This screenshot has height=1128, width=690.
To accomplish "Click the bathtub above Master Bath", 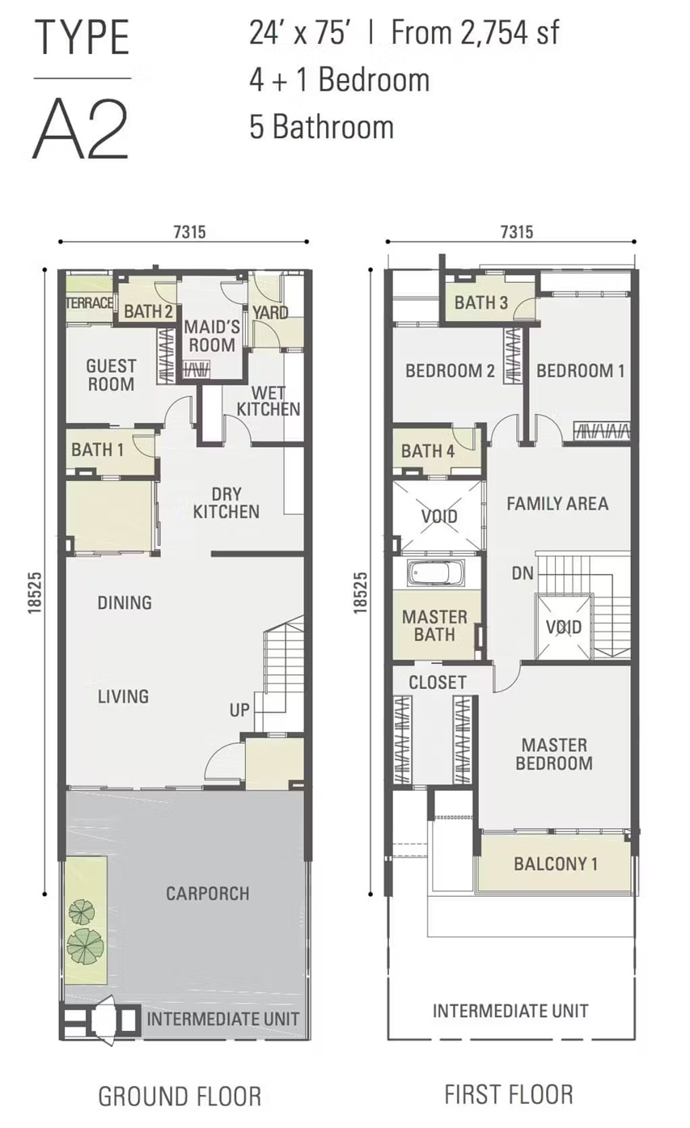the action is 436,573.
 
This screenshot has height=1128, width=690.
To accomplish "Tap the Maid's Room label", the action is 212,336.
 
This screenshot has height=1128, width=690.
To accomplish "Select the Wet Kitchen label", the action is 269,401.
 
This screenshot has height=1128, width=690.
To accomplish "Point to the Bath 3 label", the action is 481,302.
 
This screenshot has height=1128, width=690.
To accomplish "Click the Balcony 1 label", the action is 556,864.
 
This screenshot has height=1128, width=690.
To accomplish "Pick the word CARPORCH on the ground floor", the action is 208,894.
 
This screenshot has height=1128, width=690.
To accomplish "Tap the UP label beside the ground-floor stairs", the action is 239,710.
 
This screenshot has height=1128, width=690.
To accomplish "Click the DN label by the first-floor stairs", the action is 523,573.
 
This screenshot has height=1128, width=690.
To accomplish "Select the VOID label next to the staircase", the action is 564,627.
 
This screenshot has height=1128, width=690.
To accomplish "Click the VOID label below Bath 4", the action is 439,516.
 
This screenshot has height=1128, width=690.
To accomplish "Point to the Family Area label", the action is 557,504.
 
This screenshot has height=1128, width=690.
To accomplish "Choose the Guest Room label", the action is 111,375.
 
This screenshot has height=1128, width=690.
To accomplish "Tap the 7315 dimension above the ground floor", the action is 189,231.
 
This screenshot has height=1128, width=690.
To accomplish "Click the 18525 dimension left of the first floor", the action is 360,592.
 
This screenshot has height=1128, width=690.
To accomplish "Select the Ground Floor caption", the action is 180,1096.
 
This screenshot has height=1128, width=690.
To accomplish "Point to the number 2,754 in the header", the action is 495,32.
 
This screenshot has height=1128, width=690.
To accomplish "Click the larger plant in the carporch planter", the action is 86,947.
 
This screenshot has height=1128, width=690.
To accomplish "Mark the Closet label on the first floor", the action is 437,682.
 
